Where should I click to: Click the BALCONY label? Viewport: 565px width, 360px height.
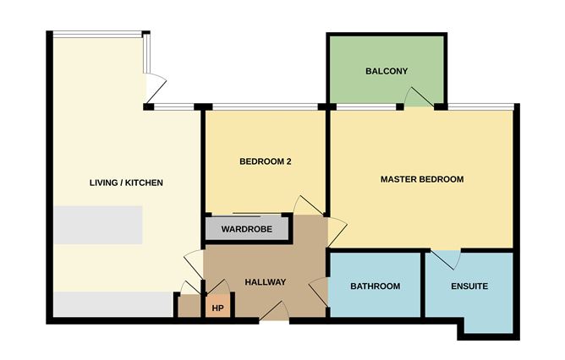[x=387, y=72]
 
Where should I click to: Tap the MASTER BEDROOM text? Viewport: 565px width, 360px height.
[x=421, y=179]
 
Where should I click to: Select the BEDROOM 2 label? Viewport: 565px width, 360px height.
[x=265, y=161]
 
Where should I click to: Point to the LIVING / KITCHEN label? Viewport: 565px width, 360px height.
[x=126, y=183]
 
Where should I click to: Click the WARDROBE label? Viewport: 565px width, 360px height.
[x=245, y=229]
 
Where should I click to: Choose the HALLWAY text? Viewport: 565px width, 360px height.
[x=265, y=282]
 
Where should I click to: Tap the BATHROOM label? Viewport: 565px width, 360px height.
[x=375, y=286]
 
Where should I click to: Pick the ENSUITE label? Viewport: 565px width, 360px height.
[x=469, y=286]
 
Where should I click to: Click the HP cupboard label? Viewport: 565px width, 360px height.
[x=217, y=308]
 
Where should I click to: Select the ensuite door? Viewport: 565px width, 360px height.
[x=447, y=259]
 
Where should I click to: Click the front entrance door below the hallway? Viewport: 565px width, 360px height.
[x=273, y=315]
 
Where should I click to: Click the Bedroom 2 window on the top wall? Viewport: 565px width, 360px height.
[x=264, y=106]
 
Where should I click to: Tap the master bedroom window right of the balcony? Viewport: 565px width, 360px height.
[x=480, y=106]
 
